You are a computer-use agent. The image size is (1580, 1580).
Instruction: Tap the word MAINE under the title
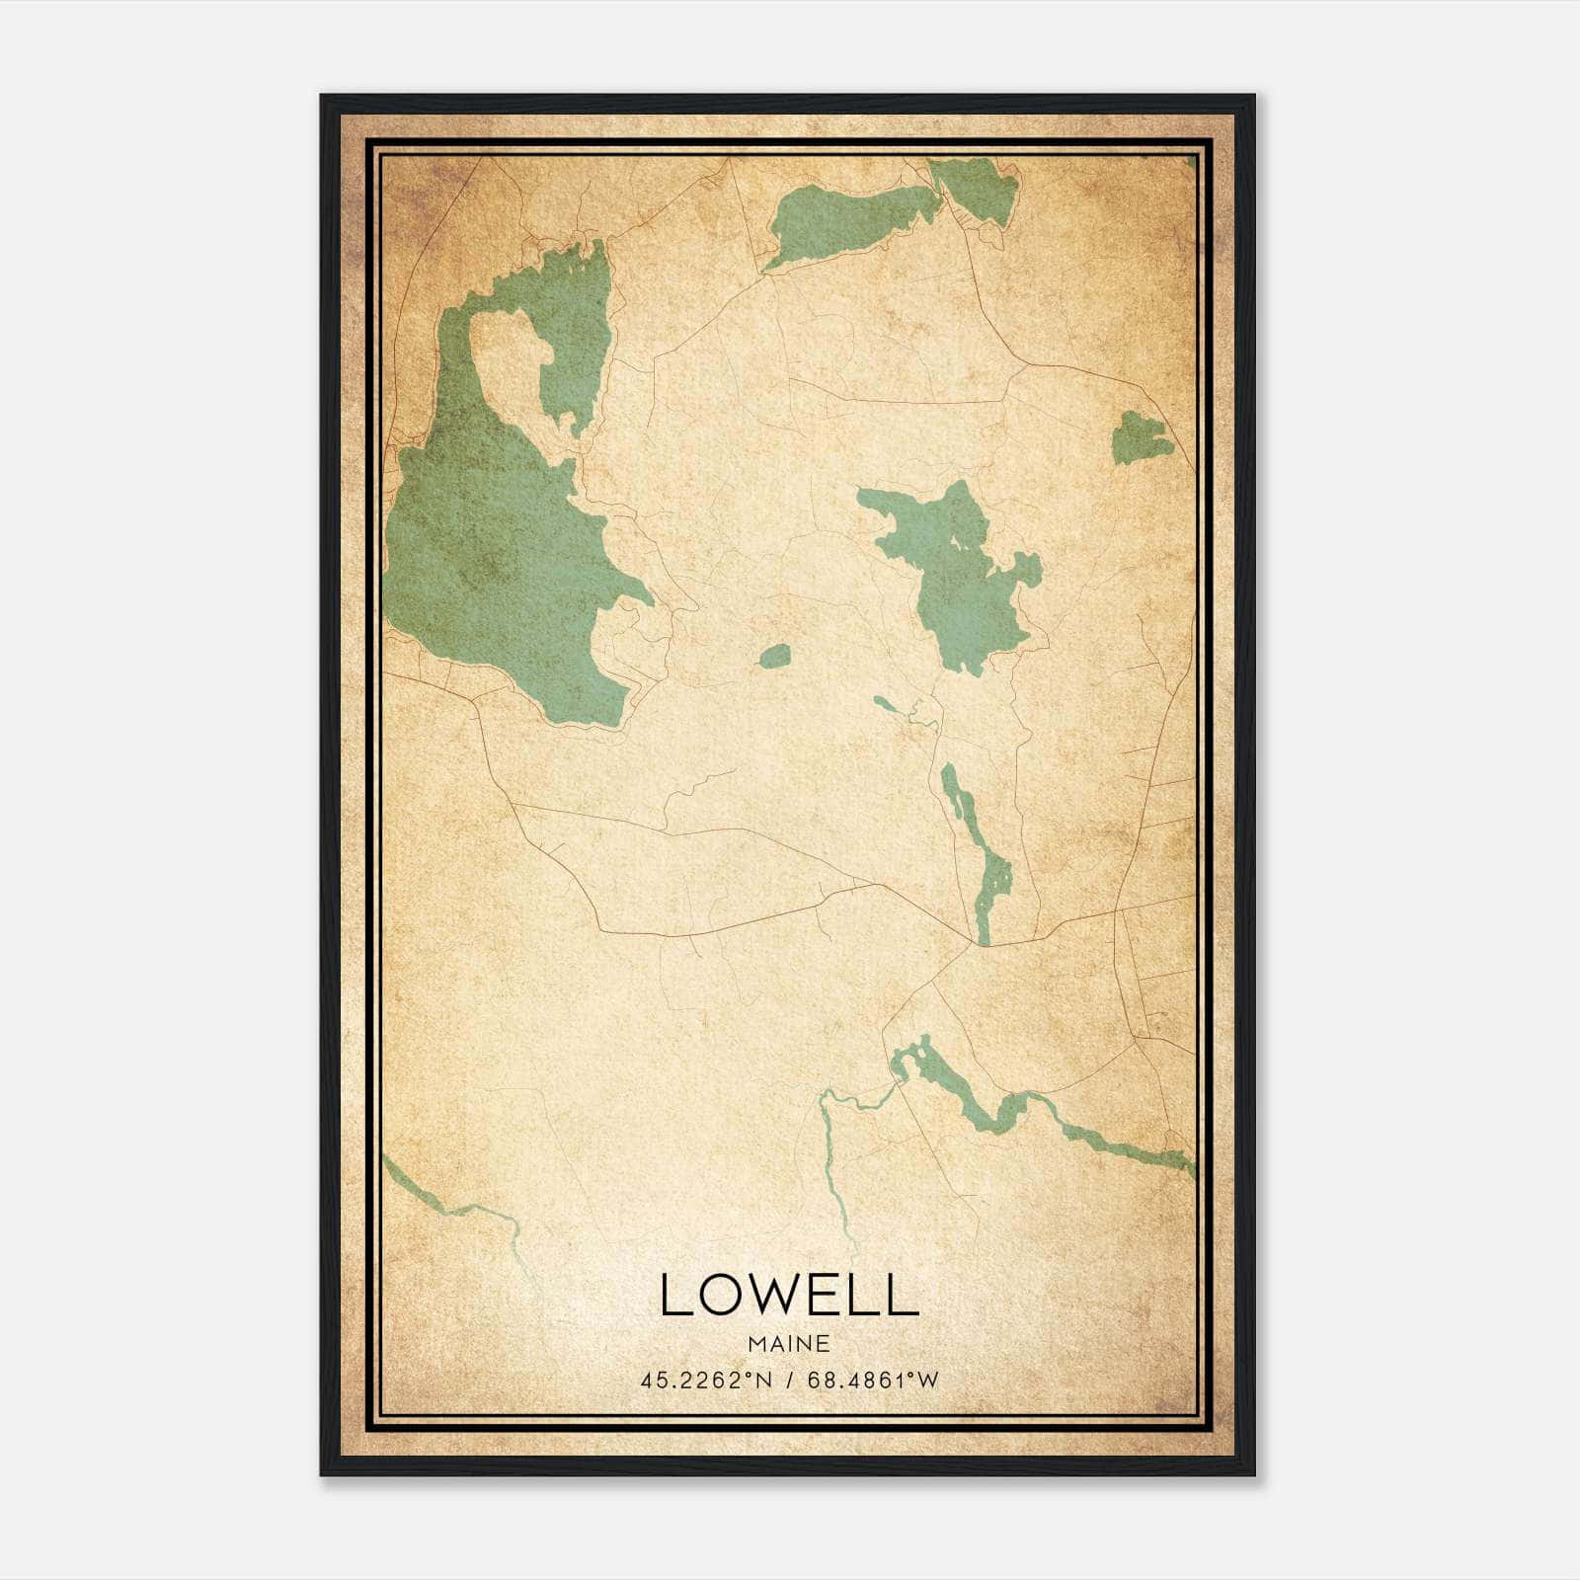788,1344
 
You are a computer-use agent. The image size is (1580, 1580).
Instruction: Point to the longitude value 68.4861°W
873,1381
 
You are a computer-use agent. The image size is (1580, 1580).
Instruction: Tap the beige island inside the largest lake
509,365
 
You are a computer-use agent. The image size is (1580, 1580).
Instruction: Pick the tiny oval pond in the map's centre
775,656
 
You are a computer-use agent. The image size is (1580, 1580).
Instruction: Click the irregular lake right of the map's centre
953,573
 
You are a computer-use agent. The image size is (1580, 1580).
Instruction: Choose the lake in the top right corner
978,188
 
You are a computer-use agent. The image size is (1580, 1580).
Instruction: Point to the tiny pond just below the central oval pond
886,704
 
